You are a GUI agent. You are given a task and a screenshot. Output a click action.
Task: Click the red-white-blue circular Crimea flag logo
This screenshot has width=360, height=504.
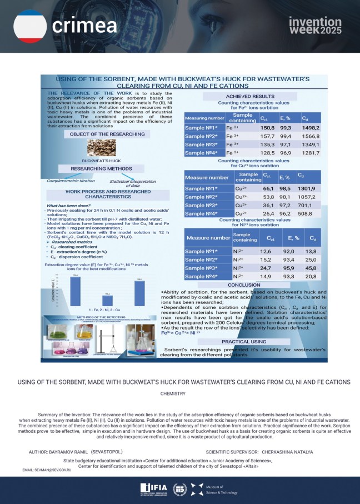point(29,26)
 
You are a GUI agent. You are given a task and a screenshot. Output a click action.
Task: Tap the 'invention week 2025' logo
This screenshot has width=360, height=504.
point(315,25)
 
